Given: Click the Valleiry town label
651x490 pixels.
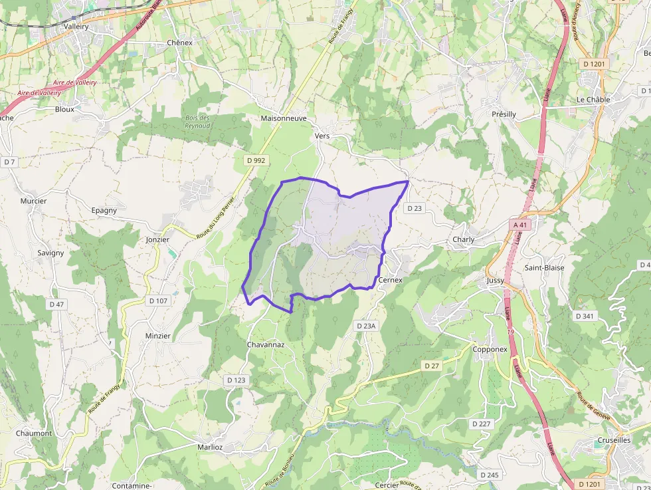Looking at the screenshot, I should tap(76, 27).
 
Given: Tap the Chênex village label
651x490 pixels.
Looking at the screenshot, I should tap(180, 43).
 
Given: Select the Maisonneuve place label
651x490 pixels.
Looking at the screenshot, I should tap(284, 118).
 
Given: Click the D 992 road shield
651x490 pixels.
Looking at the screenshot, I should tap(256, 160).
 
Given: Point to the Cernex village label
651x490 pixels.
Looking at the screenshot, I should tap(390, 281).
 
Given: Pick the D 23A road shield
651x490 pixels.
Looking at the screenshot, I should tap(366, 326).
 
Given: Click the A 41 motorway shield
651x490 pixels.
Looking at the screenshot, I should tap(521, 225).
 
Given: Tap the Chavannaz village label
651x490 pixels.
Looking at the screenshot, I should tap(266, 344).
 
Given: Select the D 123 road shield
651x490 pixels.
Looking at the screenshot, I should tap(236, 380).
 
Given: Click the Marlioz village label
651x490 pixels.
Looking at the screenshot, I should tap(210, 447).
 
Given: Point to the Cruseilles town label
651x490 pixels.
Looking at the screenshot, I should tap(614, 440).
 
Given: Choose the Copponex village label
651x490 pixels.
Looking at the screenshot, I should tap(490, 349).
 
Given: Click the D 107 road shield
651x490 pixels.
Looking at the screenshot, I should tap(158, 301).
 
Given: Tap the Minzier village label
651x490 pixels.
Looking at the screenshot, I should tap(158, 336).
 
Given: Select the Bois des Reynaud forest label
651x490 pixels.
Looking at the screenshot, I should tap(197, 122).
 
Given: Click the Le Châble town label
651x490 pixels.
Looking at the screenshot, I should tap(593, 100).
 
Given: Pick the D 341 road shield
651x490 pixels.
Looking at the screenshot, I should tap(585, 316).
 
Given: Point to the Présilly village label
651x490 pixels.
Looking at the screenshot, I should tap(504, 114).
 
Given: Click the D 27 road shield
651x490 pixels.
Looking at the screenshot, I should tap(432, 366).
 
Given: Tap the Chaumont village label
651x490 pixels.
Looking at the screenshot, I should tap(34, 433).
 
